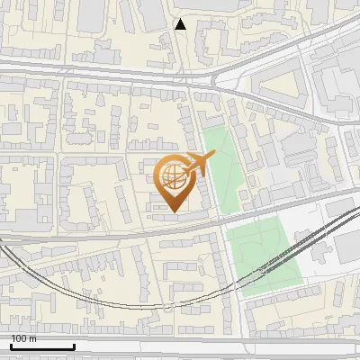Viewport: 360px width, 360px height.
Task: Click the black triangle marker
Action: coord(181,24)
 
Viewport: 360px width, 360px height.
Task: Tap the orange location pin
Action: coord(173,182)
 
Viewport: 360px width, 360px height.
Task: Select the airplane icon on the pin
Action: coord(198,165)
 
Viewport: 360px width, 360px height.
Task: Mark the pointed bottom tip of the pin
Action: coord(173,211)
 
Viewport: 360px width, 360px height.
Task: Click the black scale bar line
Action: coord(42,346)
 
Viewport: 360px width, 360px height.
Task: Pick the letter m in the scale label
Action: coord(33,338)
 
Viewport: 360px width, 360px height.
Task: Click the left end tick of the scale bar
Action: coord(11,345)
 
